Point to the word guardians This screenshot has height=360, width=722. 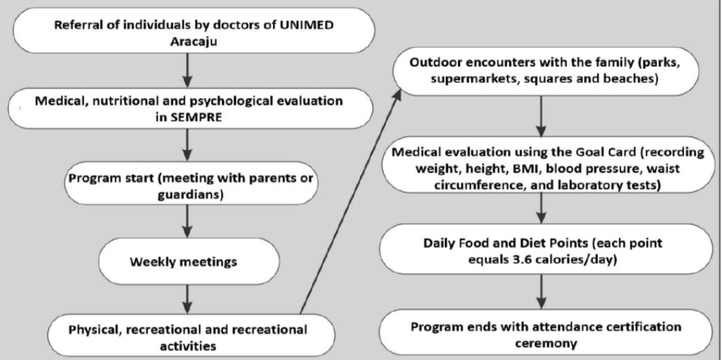(x=191, y=194)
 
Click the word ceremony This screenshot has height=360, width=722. (x=546, y=343)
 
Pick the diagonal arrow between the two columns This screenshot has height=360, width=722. (x=350, y=202)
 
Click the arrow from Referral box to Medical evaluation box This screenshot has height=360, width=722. (x=187, y=70)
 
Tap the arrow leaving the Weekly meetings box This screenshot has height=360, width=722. (x=187, y=299)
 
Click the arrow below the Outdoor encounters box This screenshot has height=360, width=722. (x=541, y=115)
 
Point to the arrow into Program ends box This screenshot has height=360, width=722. (x=541, y=292)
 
